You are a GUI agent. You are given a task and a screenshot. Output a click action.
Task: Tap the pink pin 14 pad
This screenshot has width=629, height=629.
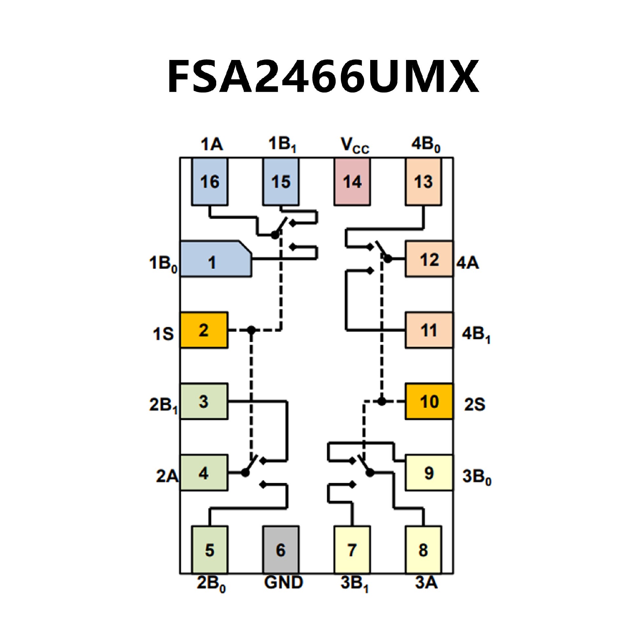(352, 182)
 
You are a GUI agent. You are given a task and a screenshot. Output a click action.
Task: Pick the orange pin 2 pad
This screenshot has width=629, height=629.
(204, 330)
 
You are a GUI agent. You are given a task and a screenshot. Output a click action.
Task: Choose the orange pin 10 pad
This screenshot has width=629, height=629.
(429, 401)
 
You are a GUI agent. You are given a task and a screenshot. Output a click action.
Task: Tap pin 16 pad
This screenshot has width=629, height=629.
(210, 182)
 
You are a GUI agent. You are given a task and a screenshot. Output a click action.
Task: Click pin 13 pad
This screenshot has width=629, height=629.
(423, 182)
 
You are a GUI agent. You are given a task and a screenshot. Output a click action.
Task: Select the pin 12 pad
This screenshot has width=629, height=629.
(429, 259)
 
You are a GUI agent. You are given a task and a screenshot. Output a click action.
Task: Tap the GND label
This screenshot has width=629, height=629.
(283, 582)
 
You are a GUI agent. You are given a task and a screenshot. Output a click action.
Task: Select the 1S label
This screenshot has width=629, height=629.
(163, 334)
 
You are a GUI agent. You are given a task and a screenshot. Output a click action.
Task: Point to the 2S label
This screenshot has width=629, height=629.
(474, 404)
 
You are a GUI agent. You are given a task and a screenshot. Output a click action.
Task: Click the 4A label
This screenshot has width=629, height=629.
(467, 263)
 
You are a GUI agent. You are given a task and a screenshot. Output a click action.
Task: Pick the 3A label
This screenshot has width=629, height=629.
(426, 582)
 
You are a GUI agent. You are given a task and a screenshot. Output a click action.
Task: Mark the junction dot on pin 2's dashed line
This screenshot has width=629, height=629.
(251, 330)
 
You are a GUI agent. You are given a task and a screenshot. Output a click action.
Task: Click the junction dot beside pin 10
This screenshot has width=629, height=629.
(381, 401)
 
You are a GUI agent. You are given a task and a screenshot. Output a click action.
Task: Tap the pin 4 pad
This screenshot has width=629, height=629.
(204, 473)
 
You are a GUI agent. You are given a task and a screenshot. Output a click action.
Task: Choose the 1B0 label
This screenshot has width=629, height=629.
(163, 263)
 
